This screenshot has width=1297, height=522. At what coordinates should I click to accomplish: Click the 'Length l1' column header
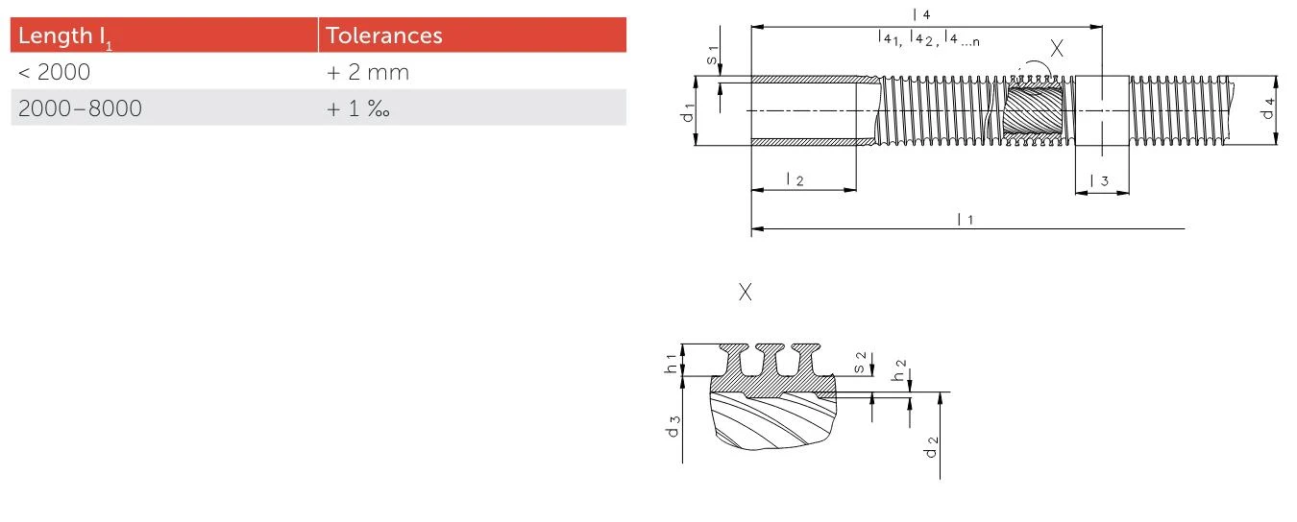tap(65, 36)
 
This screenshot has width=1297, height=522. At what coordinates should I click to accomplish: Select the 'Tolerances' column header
tap(384, 36)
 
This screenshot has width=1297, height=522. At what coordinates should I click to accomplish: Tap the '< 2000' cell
tap(54, 72)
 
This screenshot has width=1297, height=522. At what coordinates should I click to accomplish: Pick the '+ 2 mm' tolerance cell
tap(368, 72)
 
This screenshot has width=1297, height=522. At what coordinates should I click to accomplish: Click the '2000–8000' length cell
tap(80, 108)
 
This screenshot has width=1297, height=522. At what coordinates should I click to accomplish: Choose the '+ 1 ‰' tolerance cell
tap(357, 108)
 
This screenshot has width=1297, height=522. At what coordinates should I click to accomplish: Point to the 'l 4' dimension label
tap(921, 13)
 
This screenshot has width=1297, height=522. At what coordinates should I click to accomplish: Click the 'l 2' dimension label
tap(795, 179)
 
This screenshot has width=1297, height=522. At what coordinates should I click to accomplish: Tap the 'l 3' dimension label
tap(1099, 180)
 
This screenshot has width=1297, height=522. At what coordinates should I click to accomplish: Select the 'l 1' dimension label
tap(966, 219)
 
